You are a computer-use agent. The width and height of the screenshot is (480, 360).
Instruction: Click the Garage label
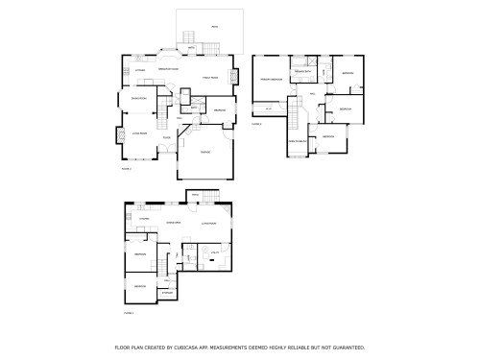click(x=205, y=153)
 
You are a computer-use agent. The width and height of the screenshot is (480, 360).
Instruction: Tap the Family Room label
click(x=210, y=77)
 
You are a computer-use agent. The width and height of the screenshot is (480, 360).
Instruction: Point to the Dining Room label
click(x=138, y=98)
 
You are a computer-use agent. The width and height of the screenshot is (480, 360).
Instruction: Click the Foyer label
click(x=166, y=138)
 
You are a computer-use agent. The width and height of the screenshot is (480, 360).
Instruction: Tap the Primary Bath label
click(x=301, y=72)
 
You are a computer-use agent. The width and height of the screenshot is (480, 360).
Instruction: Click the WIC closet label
click(x=270, y=107)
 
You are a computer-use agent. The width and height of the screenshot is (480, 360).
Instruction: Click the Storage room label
click(x=166, y=292)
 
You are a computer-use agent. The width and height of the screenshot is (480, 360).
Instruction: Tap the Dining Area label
click(x=174, y=223)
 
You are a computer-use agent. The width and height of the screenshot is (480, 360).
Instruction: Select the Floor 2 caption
click(x=126, y=169)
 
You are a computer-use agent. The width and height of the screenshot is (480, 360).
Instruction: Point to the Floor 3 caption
click(x=256, y=124)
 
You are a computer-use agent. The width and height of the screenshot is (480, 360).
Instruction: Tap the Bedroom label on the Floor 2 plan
click(x=220, y=109)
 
